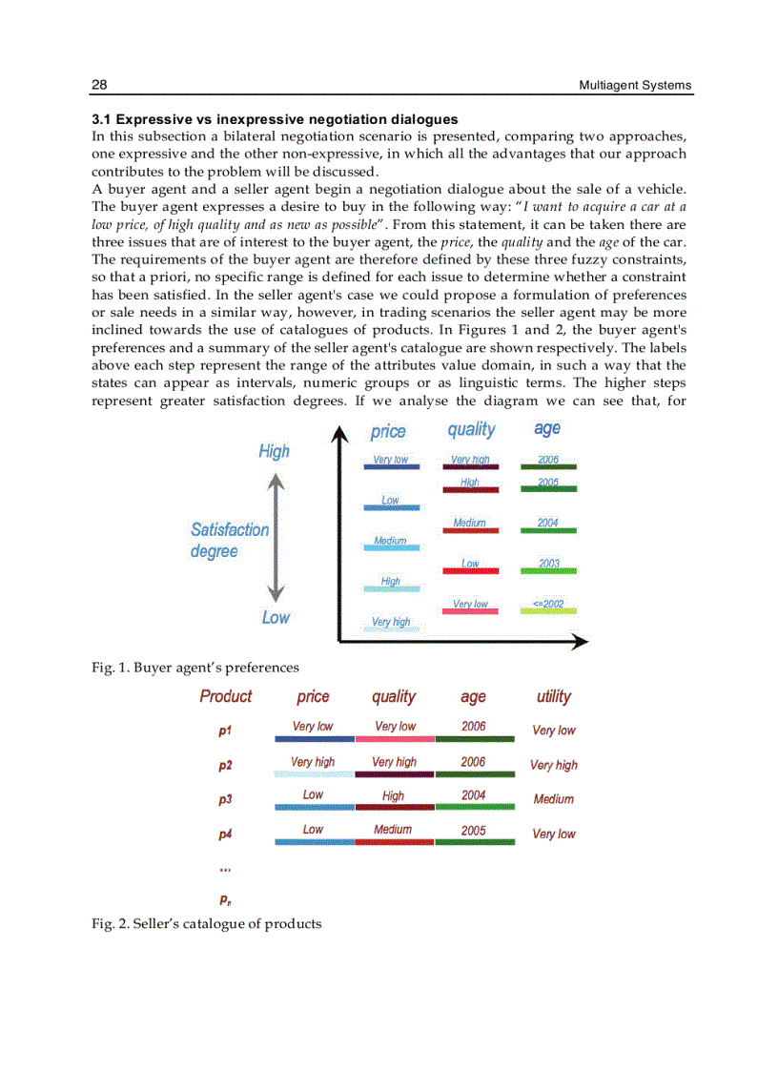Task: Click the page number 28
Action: click(99, 86)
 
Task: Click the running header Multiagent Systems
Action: click(635, 86)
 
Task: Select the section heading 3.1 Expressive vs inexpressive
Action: click(275, 119)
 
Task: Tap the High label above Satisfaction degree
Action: click(274, 451)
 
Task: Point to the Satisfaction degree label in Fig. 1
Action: click(230, 540)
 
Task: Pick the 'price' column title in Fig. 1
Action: click(388, 431)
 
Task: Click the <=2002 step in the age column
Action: click(548, 605)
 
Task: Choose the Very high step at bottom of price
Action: click(390, 623)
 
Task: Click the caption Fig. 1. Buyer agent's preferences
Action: click(195, 668)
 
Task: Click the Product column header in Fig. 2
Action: click(226, 696)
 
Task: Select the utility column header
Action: click(553, 696)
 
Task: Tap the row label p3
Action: click(225, 800)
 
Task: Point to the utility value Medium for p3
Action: click(553, 799)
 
